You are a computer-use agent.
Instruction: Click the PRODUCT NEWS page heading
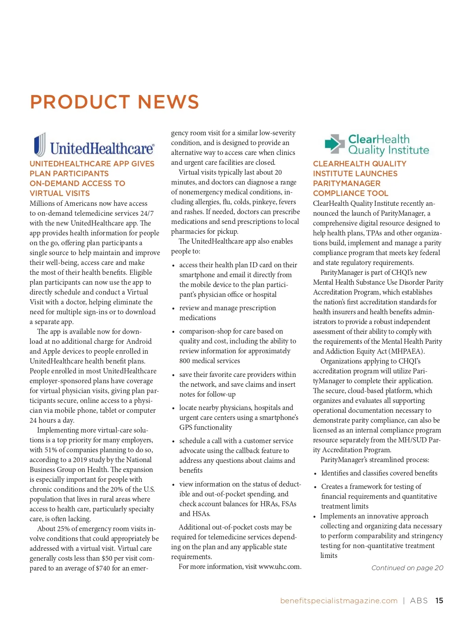[x=114, y=102]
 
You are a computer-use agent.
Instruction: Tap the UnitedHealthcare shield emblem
[x=39, y=145]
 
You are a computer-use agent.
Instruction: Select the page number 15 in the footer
[x=439, y=600]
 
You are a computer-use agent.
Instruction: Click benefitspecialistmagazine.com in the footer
[x=339, y=600]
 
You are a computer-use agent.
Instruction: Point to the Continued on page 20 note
[x=407, y=568]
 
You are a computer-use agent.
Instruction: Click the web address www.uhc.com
[x=279, y=567]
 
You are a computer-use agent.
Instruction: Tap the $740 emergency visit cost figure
[x=103, y=568]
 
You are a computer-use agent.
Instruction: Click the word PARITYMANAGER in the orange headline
[x=346, y=183]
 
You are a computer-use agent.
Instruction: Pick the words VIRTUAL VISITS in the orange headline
[x=60, y=193]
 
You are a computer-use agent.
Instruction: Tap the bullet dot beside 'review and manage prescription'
[x=173, y=309]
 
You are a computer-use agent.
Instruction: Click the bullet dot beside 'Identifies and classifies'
[x=315, y=474]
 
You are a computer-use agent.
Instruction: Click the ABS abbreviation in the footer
[x=419, y=600]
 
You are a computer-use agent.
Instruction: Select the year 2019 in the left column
[x=81, y=460]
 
